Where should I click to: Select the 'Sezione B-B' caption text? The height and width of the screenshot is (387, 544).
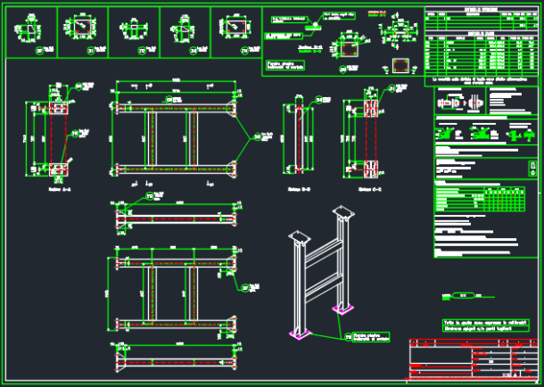pos(299,189)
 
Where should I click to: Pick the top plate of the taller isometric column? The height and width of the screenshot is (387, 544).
pos(342,213)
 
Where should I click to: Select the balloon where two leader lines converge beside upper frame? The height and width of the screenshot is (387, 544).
pos(258,136)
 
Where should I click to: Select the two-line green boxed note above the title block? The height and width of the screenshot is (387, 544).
pos(482,325)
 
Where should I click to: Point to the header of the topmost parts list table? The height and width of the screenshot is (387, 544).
pos(481,11)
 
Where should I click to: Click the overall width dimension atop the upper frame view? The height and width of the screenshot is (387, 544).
pos(175,81)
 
